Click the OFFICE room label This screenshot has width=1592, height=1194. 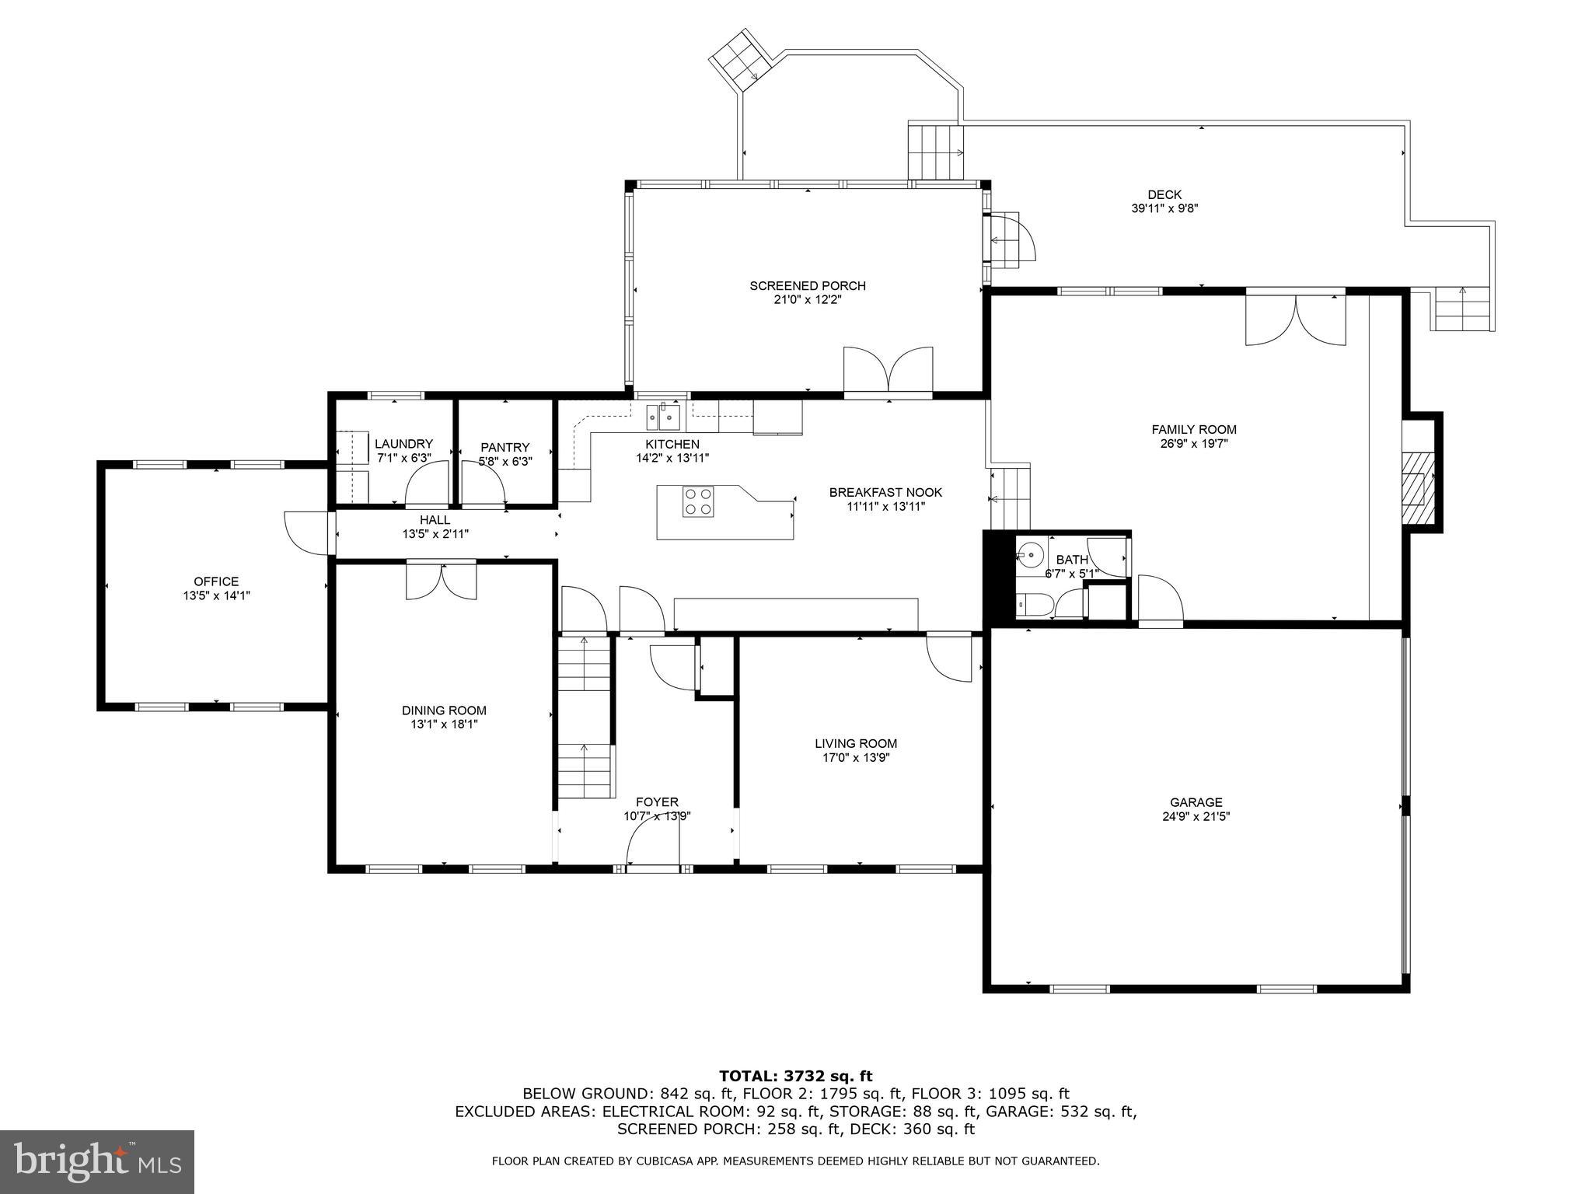(x=216, y=581)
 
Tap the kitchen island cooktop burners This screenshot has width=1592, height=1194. (x=698, y=501)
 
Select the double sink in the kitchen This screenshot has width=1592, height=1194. (x=663, y=417)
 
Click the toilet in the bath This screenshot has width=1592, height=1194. (x=1035, y=605)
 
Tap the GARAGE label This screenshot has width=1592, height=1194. (x=1196, y=802)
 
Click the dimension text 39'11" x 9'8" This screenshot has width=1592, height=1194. (x=1164, y=208)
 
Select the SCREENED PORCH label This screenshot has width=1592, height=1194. (x=808, y=286)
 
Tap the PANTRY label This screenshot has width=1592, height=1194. (x=505, y=447)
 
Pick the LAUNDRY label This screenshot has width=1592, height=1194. (x=403, y=444)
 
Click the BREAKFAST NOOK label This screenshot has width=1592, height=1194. (x=885, y=492)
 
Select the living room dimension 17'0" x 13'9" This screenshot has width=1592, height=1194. (x=856, y=757)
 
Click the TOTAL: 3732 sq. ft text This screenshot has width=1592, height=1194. (x=796, y=1076)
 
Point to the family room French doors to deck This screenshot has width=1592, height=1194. (x=1296, y=319)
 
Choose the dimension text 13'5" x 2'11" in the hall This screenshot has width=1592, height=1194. (x=435, y=534)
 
